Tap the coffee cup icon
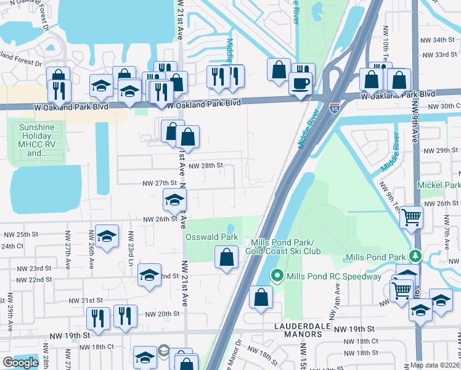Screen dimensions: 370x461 click(x=301, y=83)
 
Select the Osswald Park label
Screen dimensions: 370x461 click(x=213, y=237)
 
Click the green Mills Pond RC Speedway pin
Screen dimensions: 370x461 click(x=277, y=276)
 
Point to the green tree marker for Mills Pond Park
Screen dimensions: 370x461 click(x=416, y=255)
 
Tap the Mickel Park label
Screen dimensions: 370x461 click(x=439, y=185)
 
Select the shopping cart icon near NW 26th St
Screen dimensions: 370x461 click(x=411, y=216)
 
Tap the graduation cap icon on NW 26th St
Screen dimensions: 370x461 click(x=174, y=199)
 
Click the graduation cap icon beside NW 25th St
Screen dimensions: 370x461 click(x=107, y=236)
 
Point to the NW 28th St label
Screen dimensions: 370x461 click(x=205, y=166)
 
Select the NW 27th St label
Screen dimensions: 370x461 click(x=160, y=183)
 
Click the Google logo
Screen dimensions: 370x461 click(x=20, y=363)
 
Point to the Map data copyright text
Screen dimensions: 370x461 click(x=435, y=365)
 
